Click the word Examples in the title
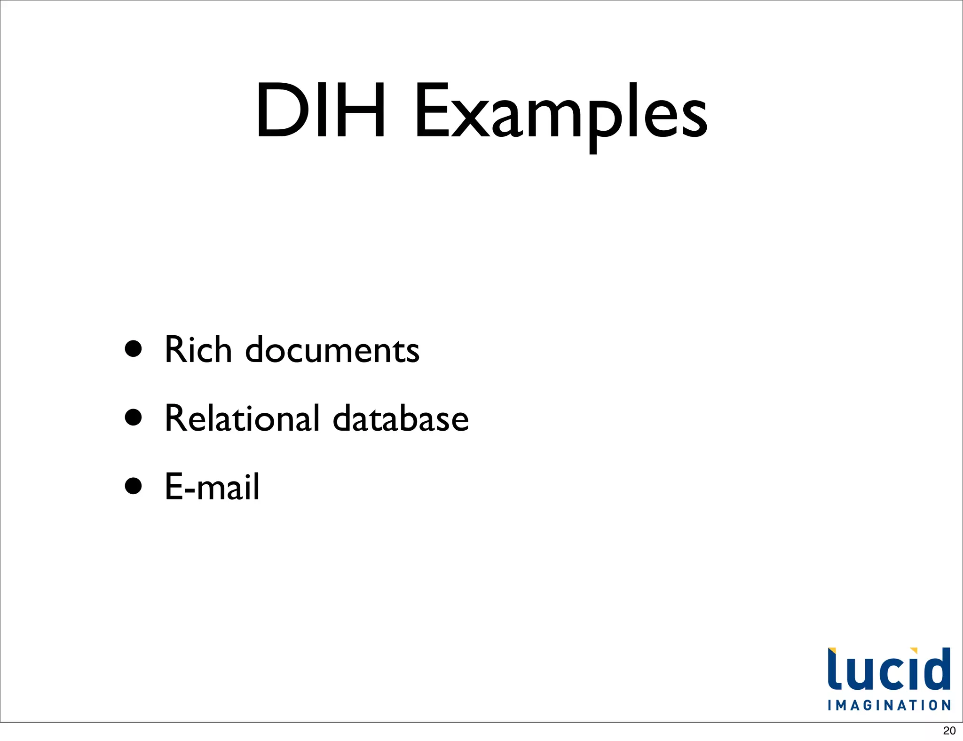[x=560, y=113]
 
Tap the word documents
[x=332, y=351]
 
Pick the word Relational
[x=242, y=418]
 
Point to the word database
[x=401, y=418]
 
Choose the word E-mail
[x=212, y=487]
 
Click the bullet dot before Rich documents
[x=134, y=349]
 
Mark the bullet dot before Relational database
[x=134, y=417]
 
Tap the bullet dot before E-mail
[x=134, y=486]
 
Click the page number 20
[x=949, y=731]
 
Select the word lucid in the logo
[x=889, y=670]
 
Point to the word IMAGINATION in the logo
[x=889, y=705]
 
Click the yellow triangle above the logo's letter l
[x=832, y=651]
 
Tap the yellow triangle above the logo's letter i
[x=913, y=651]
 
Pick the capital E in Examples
[x=430, y=111]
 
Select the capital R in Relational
[x=176, y=418]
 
